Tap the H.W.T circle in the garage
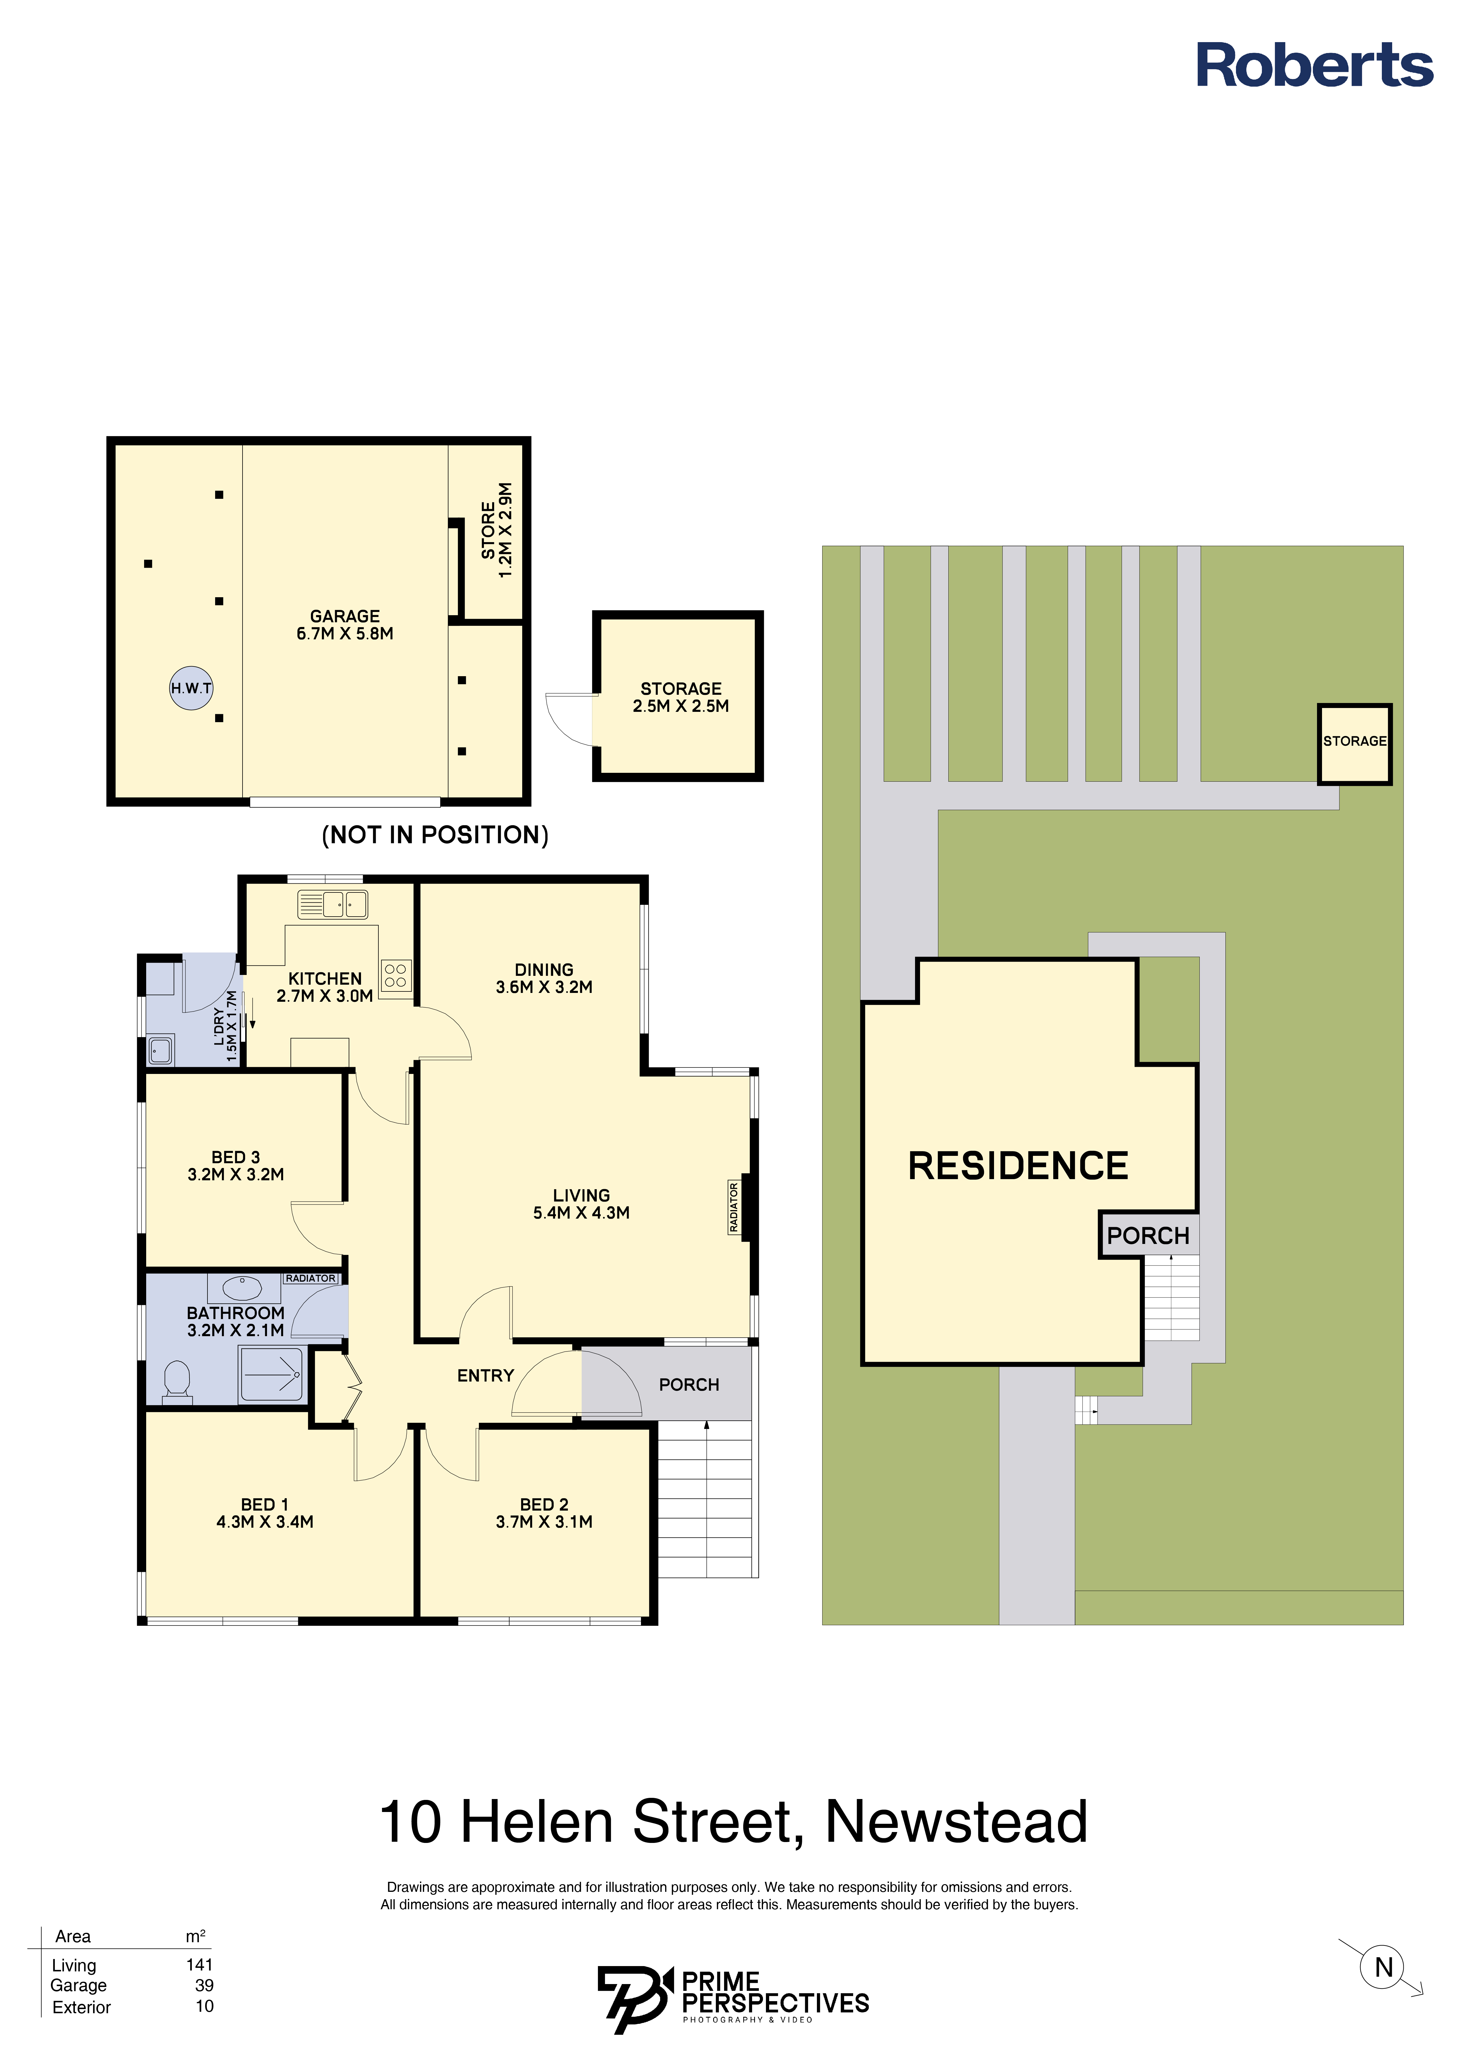coord(192,689)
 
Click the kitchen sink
coord(333,904)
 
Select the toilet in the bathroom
coord(177,1382)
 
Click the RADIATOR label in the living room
coord(734,1208)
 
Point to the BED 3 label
coord(236,1156)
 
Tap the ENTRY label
coord(485,1375)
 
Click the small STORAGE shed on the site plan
coord(1355,744)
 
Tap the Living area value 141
coord(200,1965)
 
